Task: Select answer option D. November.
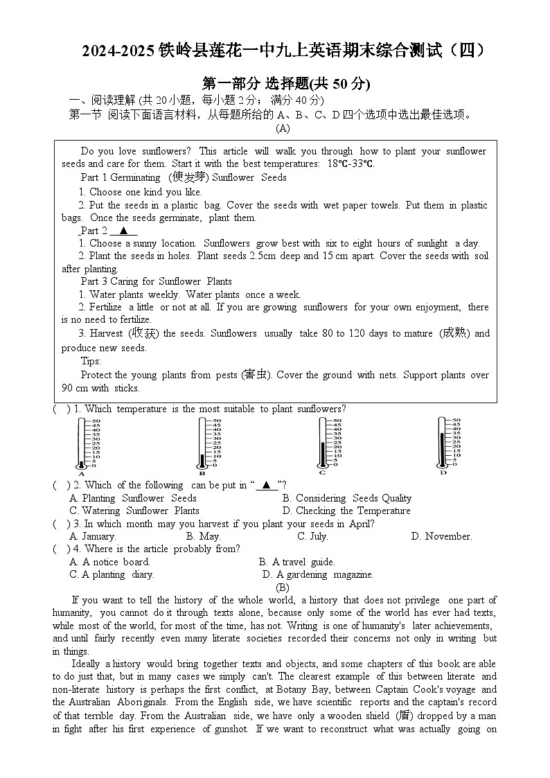441,536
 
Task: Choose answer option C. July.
312,536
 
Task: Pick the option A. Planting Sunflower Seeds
133,498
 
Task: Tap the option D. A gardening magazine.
318,574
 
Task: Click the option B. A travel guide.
296,562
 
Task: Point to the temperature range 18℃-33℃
351,164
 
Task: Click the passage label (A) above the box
283,128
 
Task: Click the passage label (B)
283,587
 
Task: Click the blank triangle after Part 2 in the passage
123,231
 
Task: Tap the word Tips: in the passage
91,361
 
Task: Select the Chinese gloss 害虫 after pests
256,375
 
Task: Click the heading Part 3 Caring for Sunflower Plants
156,281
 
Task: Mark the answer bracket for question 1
61,409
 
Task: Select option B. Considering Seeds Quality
346,498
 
